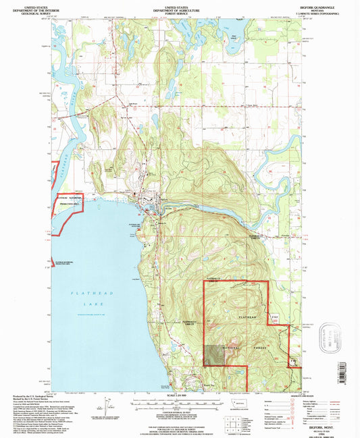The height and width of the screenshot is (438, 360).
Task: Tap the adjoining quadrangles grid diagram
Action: coord(232,422)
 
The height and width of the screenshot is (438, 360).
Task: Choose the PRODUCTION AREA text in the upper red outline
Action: coord(70,202)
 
